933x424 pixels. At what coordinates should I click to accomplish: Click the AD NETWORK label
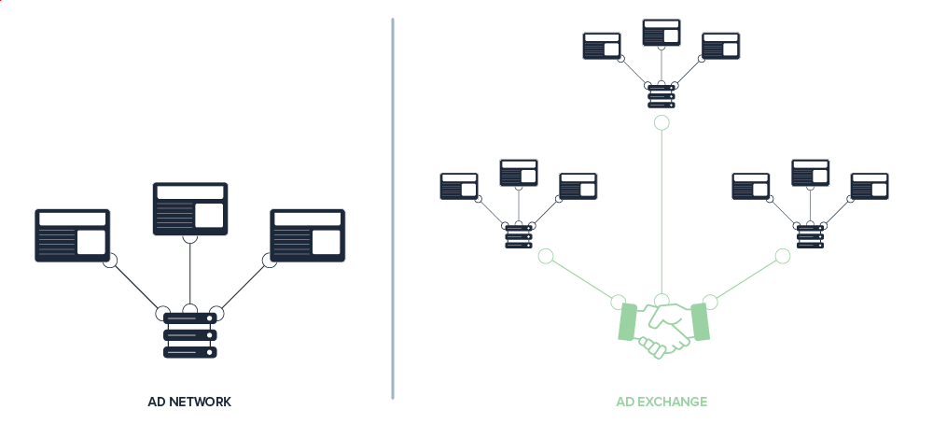189,402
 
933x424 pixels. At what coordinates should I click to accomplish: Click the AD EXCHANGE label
661,402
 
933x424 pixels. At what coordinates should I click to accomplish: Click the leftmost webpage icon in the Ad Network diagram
73,234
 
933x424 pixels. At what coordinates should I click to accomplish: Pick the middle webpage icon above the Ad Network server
190,208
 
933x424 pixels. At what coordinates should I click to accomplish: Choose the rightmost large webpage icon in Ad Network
308,234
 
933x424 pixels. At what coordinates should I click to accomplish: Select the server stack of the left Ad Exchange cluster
518,235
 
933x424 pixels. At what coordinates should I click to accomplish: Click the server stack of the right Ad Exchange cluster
810,235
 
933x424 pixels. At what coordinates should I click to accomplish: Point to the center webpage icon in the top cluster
661,31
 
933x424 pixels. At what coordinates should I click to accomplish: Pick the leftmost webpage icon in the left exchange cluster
459,185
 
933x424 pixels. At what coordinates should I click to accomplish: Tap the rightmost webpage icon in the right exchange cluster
870,185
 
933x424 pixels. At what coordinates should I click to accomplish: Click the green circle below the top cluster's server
661,123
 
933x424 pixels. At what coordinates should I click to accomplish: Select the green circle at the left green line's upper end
546,256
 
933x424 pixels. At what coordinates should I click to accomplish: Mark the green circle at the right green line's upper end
782,256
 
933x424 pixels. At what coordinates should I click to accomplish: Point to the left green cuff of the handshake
628,321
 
